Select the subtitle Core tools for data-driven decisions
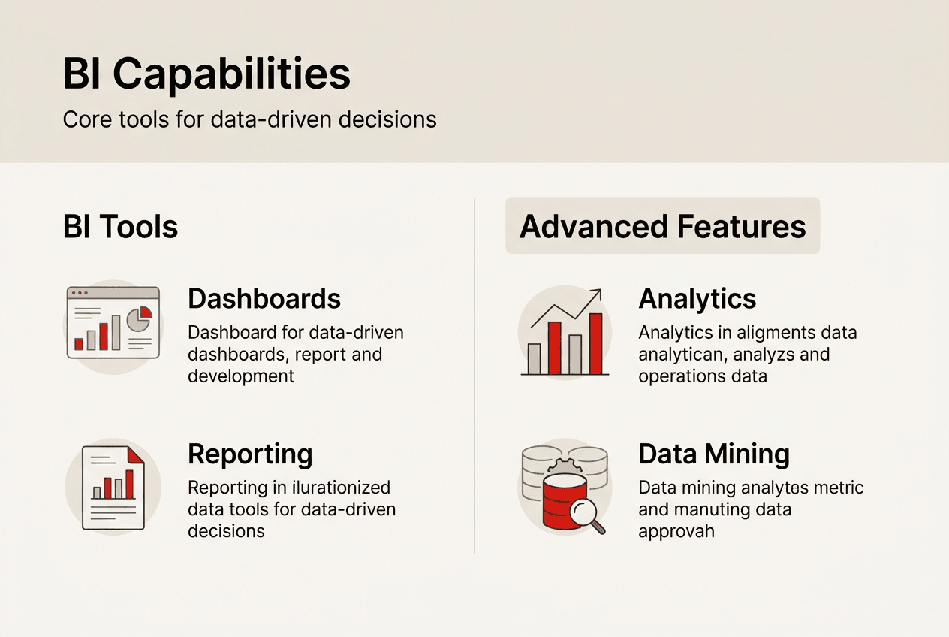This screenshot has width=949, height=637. pyautogui.click(x=249, y=119)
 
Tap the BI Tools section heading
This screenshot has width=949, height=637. pyautogui.click(x=120, y=226)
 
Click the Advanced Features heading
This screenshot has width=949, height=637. pyautogui.click(x=662, y=226)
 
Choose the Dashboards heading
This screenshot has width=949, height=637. pyautogui.click(x=264, y=299)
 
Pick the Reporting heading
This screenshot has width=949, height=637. pyautogui.click(x=250, y=454)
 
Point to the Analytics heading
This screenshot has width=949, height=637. pyautogui.click(x=697, y=299)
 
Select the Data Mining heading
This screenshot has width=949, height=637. pyautogui.click(x=714, y=454)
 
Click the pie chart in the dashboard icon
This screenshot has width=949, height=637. pyautogui.click(x=139, y=318)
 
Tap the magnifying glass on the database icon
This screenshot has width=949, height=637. pyautogui.click(x=584, y=514)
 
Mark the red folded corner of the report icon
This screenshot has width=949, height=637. pyautogui.click(x=136, y=454)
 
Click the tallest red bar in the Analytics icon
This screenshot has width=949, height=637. pyautogui.click(x=595, y=343)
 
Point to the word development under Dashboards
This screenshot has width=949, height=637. pyautogui.click(x=241, y=376)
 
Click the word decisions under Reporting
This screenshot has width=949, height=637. pyautogui.click(x=226, y=531)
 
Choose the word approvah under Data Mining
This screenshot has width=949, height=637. pyautogui.click(x=676, y=531)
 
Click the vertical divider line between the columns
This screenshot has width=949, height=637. pyautogui.click(x=474, y=376)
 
